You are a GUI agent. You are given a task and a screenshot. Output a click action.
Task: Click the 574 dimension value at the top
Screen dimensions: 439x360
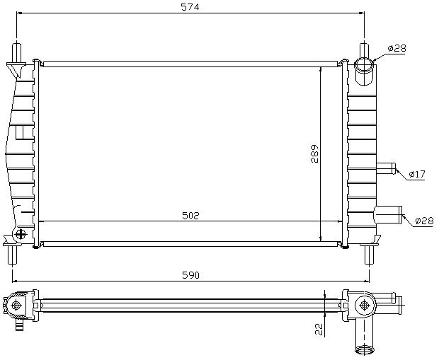(x=190, y=6)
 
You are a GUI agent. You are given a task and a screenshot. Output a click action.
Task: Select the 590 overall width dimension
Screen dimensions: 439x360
(x=190, y=275)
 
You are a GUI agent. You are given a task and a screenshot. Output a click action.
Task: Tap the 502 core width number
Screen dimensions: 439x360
(x=190, y=216)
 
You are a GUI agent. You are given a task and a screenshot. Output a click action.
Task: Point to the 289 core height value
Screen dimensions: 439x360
(x=314, y=153)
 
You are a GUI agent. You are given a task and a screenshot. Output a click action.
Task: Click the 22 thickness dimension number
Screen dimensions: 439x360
(x=319, y=329)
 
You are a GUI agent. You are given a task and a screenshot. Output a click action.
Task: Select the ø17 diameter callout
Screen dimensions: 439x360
(x=417, y=174)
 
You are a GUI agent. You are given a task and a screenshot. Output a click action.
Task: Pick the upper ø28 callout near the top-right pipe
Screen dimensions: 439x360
(x=397, y=48)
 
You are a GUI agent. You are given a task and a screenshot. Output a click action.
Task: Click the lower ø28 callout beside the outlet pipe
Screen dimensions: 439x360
(x=424, y=221)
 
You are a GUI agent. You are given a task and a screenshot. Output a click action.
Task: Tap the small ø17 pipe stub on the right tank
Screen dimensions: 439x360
(x=386, y=168)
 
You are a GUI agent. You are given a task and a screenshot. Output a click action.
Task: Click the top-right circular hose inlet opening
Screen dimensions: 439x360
(x=364, y=65)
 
